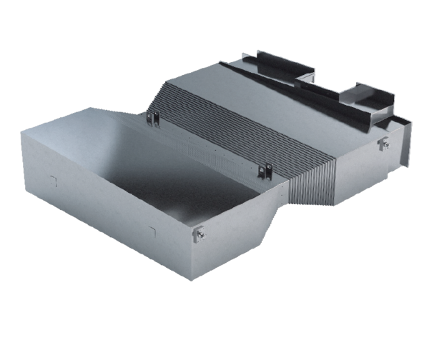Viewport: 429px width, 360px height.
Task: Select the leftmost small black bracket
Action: coord(152,117)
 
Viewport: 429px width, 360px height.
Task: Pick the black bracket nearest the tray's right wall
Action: coord(265,169)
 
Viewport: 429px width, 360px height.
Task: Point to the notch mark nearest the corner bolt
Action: coord(152,229)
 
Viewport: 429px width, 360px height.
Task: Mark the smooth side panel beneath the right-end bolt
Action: coord(365,171)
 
